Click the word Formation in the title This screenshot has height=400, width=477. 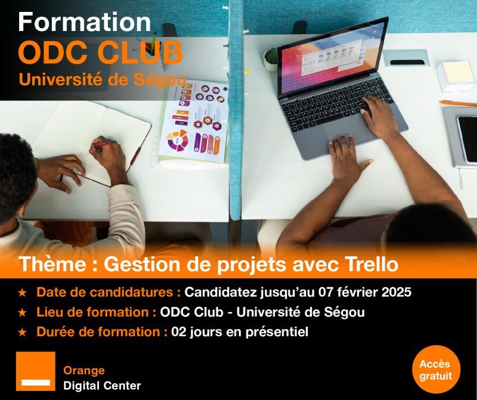click(84, 22)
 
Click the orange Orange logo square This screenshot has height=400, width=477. click(36, 371)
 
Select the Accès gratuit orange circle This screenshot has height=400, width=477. click(436, 370)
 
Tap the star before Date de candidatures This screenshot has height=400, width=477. click(22, 293)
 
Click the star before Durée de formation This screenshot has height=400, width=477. click(22, 332)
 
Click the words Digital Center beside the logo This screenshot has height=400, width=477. click(102, 386)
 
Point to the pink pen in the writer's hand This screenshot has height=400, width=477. click(102, 144)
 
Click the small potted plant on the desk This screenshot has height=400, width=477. click(271, 60)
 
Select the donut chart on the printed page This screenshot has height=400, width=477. click(177, 141)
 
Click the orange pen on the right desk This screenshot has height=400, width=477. click(458, 103)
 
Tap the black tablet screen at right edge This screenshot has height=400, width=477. click(467, 139)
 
